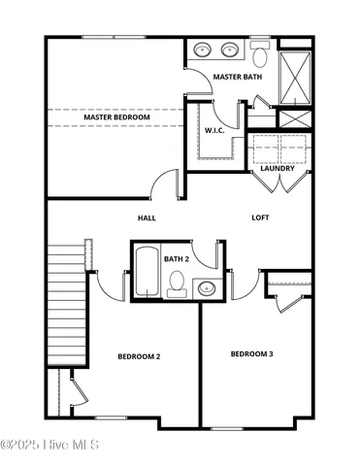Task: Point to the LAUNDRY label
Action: click(278, 169)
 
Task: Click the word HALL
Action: click(147, 217)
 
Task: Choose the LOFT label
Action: click(260, 217)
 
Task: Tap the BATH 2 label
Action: click(176, 259)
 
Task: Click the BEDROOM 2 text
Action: click(139, 356)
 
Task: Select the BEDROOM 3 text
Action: click(251, 353)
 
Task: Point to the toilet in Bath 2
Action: click(176, 283)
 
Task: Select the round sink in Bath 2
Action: click(206, 287)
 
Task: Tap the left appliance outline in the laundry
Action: click(265, 149)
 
